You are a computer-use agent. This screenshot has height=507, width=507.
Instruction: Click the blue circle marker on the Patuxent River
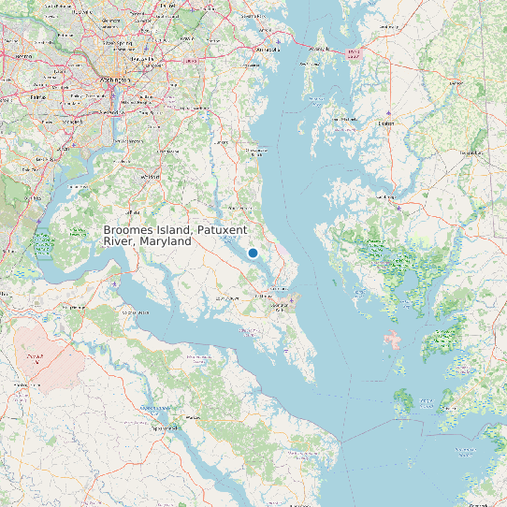(253, 253)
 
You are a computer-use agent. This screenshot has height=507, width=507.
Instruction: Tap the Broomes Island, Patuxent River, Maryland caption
(147, 236)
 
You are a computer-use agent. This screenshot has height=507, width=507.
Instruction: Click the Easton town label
(385, 123)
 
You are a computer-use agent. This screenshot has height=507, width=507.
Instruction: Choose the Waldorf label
(150, 176)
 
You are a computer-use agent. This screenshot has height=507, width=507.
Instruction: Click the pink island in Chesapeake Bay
(393, 340)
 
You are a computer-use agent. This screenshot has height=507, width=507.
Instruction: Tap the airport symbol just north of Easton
(387, 111)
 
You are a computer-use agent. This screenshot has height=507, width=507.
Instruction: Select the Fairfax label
(37, 95)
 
